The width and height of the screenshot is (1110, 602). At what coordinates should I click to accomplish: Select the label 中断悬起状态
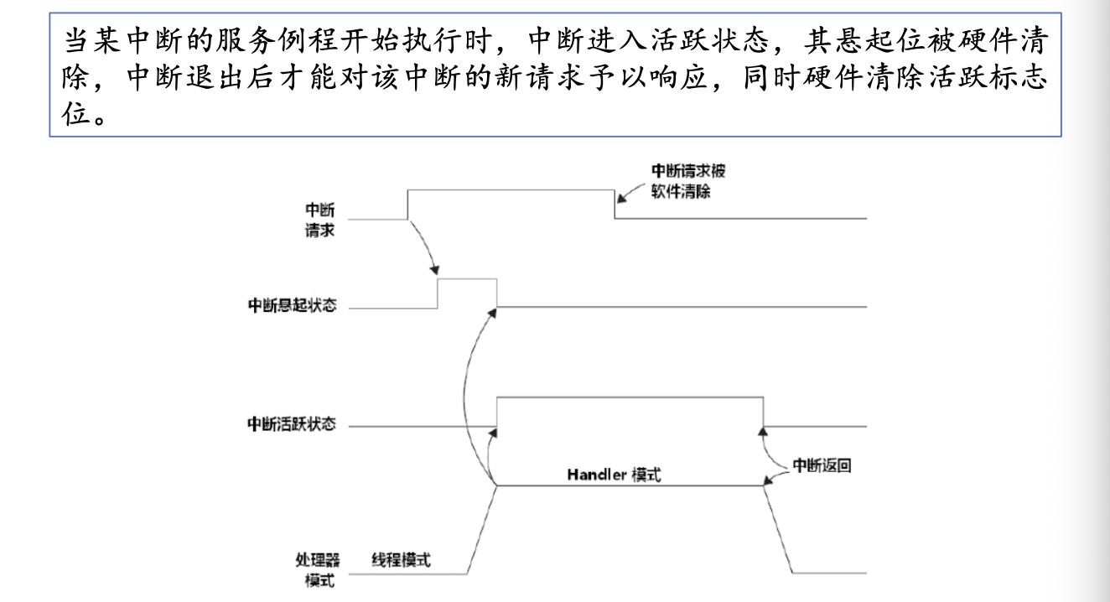click(291, 306)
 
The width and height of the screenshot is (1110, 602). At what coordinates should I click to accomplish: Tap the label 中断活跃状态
click(291, 425)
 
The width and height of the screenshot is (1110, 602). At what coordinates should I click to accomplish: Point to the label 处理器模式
click(319, 569)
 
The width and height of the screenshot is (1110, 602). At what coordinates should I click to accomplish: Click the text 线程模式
click(401, 560)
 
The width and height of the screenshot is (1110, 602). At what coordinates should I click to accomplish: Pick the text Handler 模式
click(614, 475)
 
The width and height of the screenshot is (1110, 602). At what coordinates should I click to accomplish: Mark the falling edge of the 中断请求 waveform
click(615, 205)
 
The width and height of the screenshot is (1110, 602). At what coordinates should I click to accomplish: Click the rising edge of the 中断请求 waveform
click(407, 205)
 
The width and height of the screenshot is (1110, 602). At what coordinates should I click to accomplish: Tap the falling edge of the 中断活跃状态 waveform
click(763, 412)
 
